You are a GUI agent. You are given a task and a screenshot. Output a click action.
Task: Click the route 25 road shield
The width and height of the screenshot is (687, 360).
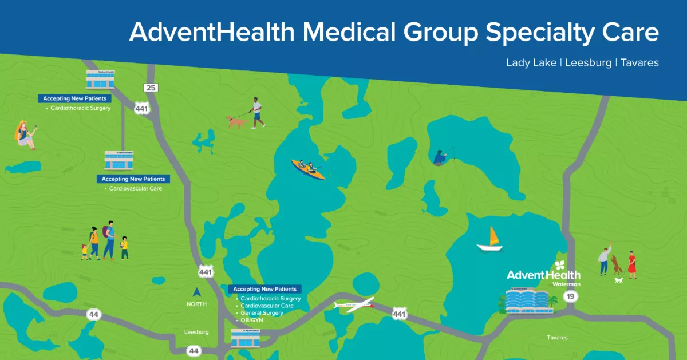tap(151, 88)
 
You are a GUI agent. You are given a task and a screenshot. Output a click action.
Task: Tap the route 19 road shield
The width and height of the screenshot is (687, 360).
tap(570, 296)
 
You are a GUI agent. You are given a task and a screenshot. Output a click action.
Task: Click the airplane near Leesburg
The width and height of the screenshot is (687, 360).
tap(354, 304)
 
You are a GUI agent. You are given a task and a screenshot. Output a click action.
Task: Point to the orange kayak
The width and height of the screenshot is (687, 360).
tap(308, 169)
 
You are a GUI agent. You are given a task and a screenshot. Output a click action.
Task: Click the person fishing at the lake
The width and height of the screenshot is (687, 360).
tap(440, 157)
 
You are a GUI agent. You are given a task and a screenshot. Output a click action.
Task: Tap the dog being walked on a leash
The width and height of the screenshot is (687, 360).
tap(236, 121)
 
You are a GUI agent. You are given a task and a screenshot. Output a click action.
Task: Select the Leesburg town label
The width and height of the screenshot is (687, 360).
tap(196, 332)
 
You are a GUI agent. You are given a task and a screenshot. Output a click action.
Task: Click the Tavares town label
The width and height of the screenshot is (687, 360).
tap(557, 338)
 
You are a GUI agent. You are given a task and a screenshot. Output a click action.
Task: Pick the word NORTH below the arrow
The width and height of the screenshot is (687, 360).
tap(196, 304)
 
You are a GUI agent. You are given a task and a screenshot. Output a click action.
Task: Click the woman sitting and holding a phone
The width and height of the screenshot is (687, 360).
tap(25, 134)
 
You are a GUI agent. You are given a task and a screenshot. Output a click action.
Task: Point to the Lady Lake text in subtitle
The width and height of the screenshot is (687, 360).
tap(531, 62)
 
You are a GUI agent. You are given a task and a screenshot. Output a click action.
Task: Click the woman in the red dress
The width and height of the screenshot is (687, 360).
tap(631, 264)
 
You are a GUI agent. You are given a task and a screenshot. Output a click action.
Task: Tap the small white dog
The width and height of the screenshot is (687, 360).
tap(618, 280)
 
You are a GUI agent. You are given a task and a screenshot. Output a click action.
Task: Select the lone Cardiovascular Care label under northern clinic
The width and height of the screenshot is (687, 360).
tap(135, 188)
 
